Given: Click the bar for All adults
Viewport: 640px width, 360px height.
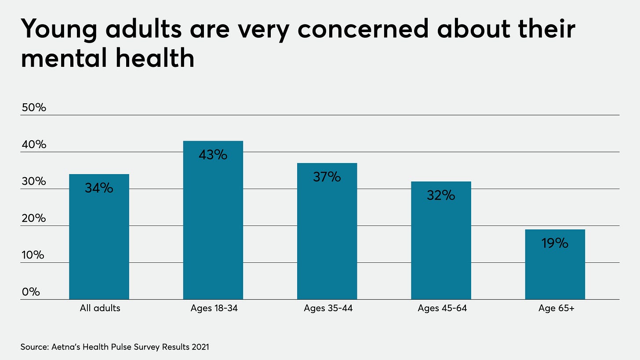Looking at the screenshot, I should [x=99, y=237].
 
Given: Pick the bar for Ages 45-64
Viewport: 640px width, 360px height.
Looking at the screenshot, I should [x=441, y=241].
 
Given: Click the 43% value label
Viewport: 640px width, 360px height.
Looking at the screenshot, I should [x=213, y=155].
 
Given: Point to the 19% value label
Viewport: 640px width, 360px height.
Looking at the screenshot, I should [x=555, y=243].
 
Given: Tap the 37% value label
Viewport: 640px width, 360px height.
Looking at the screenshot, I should [x=327, y=177].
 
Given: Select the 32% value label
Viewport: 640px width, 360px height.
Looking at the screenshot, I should [x=441, y=195].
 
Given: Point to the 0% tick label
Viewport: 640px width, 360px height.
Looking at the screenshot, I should [x=31, y=292].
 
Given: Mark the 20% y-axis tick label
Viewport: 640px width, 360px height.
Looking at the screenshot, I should [x=33, y=218].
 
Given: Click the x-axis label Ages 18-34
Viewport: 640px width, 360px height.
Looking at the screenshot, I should [x=215, y=308].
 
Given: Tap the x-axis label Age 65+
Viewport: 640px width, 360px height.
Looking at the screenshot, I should [x=556, y=308].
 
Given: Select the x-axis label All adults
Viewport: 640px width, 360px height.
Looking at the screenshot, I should [x=100, y=308].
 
